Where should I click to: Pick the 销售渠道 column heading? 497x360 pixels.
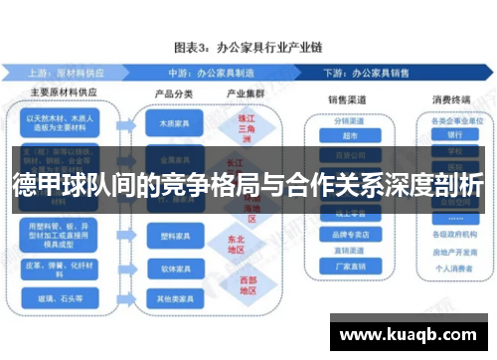347,99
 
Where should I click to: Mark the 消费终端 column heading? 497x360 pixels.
450,99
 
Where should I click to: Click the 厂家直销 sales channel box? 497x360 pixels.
347,266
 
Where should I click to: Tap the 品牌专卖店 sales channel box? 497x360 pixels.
347,236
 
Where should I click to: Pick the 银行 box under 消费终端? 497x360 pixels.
455,134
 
